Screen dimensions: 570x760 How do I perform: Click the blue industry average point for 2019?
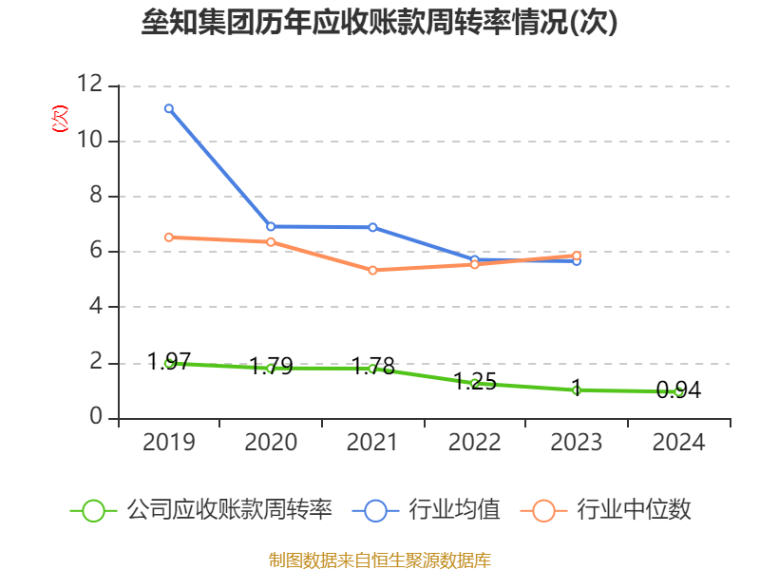168,108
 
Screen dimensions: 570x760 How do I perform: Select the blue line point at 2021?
372,228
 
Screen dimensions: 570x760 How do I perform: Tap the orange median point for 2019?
168,237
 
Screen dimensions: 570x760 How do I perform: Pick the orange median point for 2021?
372,271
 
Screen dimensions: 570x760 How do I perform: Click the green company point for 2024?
678,391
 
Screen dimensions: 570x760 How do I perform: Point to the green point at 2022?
474,383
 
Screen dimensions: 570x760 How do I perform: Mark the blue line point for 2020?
271,226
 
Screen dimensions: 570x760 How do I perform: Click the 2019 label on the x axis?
168,443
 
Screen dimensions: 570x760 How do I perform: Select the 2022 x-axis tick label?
474,443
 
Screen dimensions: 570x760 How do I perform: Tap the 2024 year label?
678,443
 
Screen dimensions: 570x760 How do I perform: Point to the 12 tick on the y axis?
90,85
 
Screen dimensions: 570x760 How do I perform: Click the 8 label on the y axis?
96,196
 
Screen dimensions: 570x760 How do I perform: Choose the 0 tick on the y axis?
96,417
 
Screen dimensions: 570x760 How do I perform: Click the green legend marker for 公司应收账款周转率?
93,510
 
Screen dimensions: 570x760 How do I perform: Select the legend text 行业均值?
454,510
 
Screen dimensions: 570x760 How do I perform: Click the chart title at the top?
380,23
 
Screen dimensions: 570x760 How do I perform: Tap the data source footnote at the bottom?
380,560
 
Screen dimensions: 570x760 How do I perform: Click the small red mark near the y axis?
60,120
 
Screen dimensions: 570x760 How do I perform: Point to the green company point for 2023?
577,389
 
